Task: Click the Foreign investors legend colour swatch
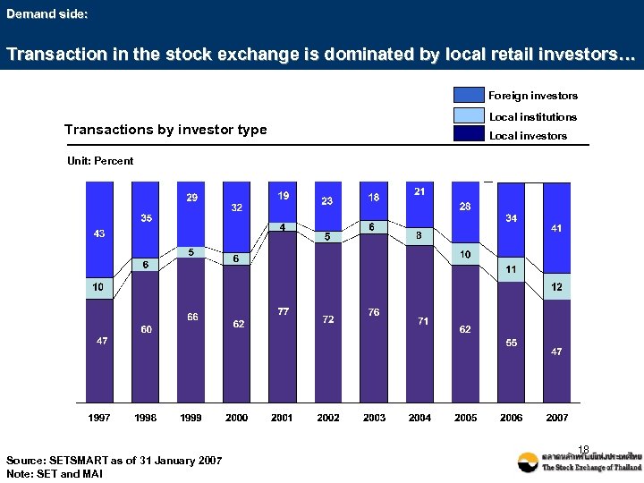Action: (x=469, y=95)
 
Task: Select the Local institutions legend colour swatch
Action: (x=469, y=115)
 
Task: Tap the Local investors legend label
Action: (x=527, y=136)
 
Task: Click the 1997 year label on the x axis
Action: (x=99, y=418)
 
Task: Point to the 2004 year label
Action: (x=419, y=418)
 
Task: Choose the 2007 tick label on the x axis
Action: (x=556, y=418)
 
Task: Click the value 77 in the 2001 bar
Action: (x=283, y=312)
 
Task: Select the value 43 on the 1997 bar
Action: (x=99, y=233)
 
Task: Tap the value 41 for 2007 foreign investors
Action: (x=556, y=229)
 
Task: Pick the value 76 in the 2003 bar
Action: (x=374, y=312)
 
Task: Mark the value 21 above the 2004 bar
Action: (x=419, y=191)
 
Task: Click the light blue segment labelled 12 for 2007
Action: (x=556, y=286)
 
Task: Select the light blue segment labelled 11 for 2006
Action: (x=511, y=269)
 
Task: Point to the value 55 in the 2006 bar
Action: (x=511, y=343)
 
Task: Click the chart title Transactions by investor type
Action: (x=165, y=130)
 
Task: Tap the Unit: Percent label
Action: (x=100, y=161)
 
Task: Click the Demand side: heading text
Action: (x=47, y=14)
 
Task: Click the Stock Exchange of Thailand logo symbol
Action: (x=529, y=462)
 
